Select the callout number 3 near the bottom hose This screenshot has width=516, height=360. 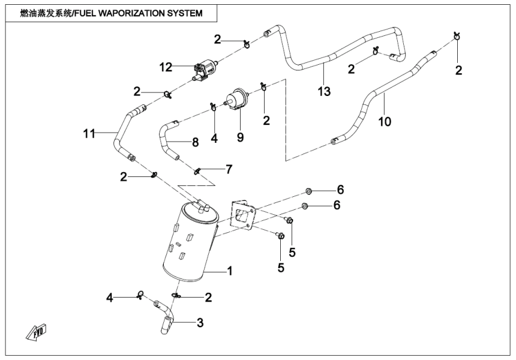(200, 323)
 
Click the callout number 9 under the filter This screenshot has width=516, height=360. (240, 137)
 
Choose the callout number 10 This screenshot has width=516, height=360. (385, 121)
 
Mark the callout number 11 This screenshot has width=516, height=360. (89, 133)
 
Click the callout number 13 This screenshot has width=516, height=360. (324, 92)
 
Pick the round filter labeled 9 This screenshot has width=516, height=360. (236, 98)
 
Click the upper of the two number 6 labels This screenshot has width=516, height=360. (340, 190)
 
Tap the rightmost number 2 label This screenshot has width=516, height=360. (459, 71)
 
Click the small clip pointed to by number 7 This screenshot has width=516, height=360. (198, 172)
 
